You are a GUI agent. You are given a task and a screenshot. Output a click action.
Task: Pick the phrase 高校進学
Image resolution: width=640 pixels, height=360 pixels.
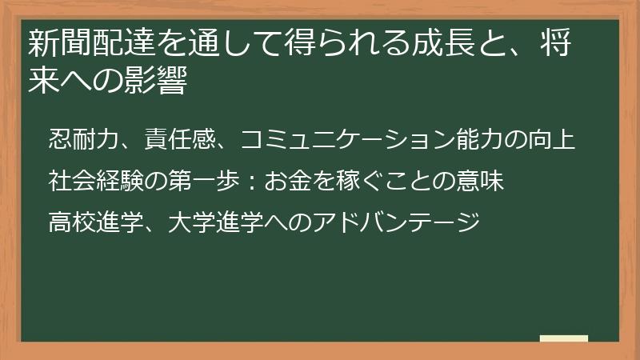[x=95, y=218]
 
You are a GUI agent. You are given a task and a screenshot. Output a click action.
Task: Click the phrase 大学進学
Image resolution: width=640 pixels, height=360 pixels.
[x=215, y=218]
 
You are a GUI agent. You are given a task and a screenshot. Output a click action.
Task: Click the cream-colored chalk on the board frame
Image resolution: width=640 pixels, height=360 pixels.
[x=563, y=339]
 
